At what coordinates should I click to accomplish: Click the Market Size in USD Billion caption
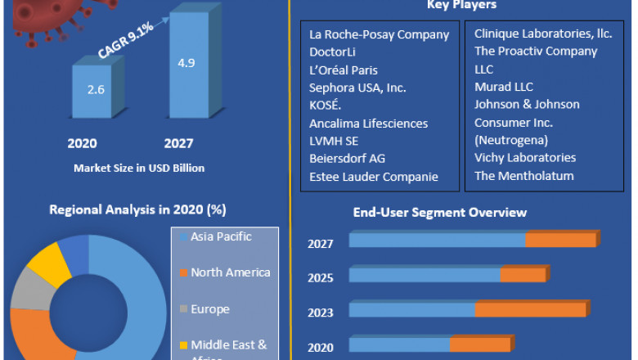coord(139,168)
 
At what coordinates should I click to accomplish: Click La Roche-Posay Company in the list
coord(379,34)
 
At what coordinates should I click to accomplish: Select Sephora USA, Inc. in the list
coord(357,88)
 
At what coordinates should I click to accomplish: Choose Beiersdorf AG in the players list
coord(347,158)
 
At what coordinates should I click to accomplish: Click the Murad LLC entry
coord(504,87)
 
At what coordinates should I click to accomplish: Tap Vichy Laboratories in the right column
coord(525,157)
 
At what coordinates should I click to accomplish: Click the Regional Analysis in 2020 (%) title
coord(137,209)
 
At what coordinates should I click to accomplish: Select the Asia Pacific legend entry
coord(221,237)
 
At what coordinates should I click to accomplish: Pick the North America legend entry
coord(230,272)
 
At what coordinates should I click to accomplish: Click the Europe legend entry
coord(209,309)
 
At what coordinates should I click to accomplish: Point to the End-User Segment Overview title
coord(439,213)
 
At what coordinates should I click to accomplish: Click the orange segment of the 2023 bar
coord(530,310)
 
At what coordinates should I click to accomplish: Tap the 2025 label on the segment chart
coord(321,278)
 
